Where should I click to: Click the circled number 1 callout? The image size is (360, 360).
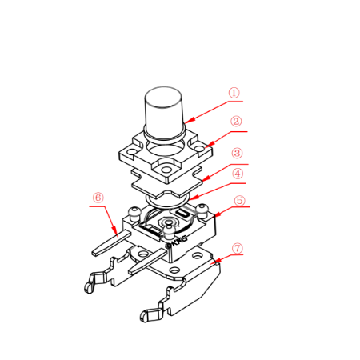click(x=234, y=93)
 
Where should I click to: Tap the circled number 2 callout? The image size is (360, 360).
click(x=236, y=122)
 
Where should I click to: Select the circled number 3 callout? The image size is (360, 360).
click(x=237, y=153)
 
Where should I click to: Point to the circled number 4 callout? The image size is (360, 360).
click(x=238, y=174)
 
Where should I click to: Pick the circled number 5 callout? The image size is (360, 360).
click(x=239, y=201)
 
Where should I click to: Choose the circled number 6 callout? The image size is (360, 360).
click(x=98, y=198)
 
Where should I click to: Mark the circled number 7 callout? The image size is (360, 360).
click(x=238, y=249)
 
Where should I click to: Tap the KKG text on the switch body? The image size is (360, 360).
click(x=177, y=240)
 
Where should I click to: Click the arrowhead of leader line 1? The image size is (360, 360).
click(x=189, y=121)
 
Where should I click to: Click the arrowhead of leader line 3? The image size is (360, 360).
click(x=206, y=179)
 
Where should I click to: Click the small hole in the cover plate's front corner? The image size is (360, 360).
click(x=166, y=170)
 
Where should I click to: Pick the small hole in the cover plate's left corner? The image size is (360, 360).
click(x=131, y=153)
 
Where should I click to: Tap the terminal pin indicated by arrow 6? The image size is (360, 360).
click(x=111, y=242)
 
